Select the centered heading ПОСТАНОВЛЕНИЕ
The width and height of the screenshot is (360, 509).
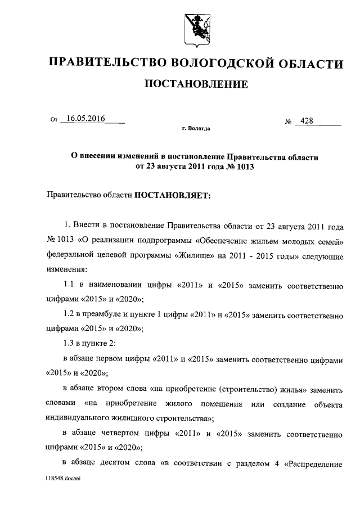coord(196,84)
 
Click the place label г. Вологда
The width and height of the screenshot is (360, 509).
coord(196,129)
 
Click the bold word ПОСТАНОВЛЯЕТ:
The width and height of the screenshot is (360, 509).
coord(172,196)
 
